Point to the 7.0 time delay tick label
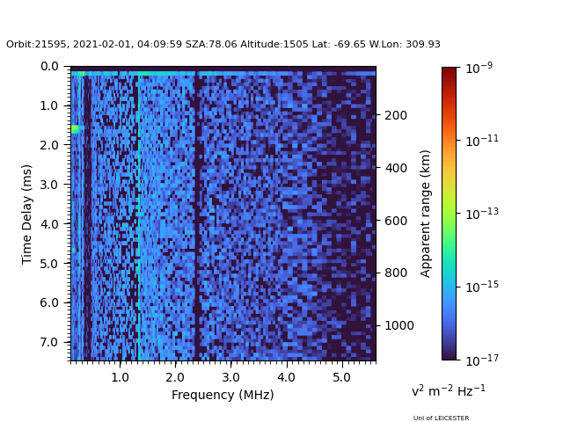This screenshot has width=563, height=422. (x=49, y=342)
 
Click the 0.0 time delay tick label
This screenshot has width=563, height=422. (x=49, y=66)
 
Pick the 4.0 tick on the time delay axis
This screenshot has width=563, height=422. (x=49, y=224)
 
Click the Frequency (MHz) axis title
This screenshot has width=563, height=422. (x=223, y=395)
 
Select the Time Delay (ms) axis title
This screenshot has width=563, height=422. (x=27, y=214)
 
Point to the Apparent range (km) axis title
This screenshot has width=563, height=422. (x=426, y=213)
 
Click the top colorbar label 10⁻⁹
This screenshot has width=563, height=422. (x=477, y=68)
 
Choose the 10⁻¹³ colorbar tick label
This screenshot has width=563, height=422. (x=479, y=213)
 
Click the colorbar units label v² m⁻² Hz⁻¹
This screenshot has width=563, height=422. (x=449, y=390)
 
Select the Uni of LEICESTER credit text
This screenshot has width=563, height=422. (x=441, y=418)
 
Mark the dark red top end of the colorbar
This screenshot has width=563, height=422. (x=450, y=70)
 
